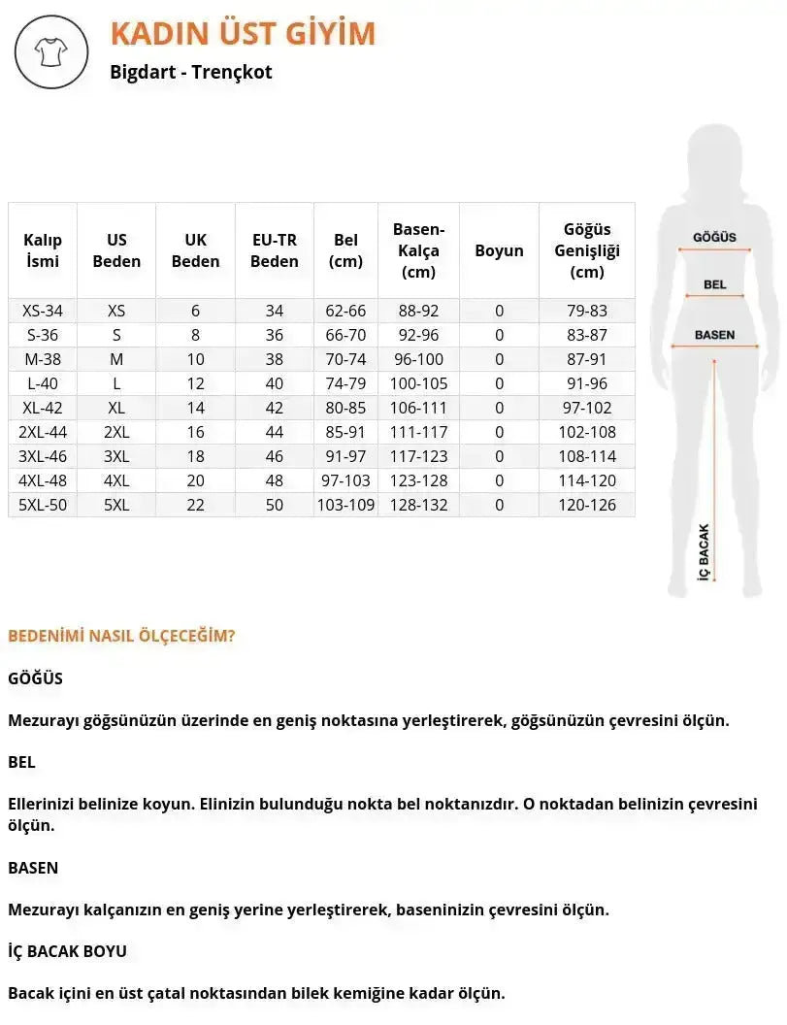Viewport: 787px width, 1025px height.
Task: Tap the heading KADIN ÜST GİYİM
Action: (x=243, y=33)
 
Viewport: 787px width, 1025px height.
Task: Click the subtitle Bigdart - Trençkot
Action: (x=191, y=72)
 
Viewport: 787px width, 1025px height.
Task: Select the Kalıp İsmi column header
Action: (x=43, y=250)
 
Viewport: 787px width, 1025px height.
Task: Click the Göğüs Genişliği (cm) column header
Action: (x=587, y=250)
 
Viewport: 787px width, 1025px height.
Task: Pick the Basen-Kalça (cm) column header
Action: (x=418, y=250)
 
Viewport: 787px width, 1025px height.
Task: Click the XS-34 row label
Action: (x=43, y=311)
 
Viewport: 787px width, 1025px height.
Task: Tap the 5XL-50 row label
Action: (x=43, y=505)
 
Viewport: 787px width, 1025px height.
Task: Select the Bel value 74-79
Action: (x=345, y=383)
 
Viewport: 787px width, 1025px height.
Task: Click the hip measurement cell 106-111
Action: (x=418, y=408)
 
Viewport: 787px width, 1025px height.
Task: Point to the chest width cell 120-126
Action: (x=587, y=505)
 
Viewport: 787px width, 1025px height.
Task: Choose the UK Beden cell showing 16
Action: (x=195, y=432)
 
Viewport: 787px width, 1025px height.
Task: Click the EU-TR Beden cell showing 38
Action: (x=275, y=359)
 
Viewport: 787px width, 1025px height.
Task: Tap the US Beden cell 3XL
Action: (x=116, y=456)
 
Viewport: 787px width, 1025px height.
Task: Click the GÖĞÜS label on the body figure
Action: (x=714, y=238)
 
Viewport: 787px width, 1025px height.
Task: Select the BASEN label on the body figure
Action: (x=714, y=335)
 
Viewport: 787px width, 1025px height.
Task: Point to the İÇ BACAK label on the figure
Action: (x=705, y=551)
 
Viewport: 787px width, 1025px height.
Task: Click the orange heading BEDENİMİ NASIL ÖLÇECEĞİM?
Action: (x=121, y=636)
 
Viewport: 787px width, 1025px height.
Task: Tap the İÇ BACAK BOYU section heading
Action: (x=67, y=951)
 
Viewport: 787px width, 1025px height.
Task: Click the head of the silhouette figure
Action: (x=715, y=155)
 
